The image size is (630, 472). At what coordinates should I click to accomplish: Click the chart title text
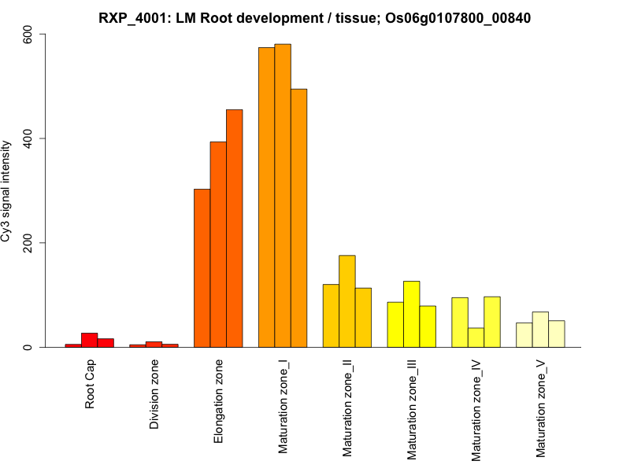[314, 17]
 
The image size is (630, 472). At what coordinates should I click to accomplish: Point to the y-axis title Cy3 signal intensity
[7, 190]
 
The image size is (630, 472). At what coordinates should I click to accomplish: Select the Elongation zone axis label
[219, 400]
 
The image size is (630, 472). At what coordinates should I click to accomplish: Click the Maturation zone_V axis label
[541, 408]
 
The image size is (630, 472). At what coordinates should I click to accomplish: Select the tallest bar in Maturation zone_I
[283, 196]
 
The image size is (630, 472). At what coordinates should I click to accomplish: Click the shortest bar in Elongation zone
[202, 268]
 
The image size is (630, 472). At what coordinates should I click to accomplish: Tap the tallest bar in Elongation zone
[234, 228]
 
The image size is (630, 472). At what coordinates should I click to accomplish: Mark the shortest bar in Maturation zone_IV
[476, 337]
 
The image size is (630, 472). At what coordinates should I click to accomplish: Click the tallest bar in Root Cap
[90, 340]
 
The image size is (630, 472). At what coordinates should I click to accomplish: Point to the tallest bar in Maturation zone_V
[540, 330]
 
